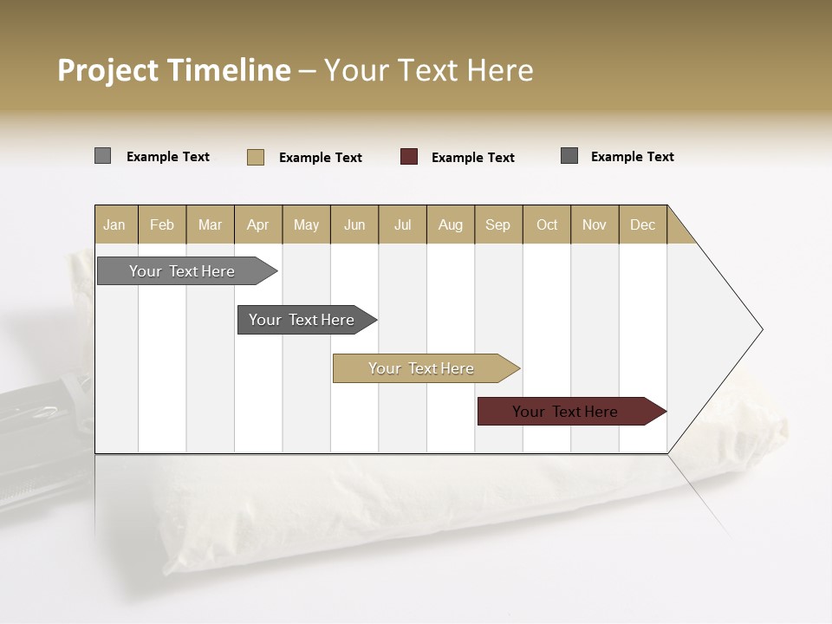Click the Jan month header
point(115,224)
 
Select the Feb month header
point(162,224)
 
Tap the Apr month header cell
point(258,224)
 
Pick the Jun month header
point(354,224)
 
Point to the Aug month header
point(451,224)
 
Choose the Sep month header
point(498,224)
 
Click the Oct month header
point(547,224)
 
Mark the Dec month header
point(643,224)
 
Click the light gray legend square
point(103,156)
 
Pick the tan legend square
point(256,157)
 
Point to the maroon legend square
point(409,157)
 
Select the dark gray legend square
point(569,156)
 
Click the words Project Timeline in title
point(174,70)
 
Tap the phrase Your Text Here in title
point(429,70)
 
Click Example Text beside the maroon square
point(472,158)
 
